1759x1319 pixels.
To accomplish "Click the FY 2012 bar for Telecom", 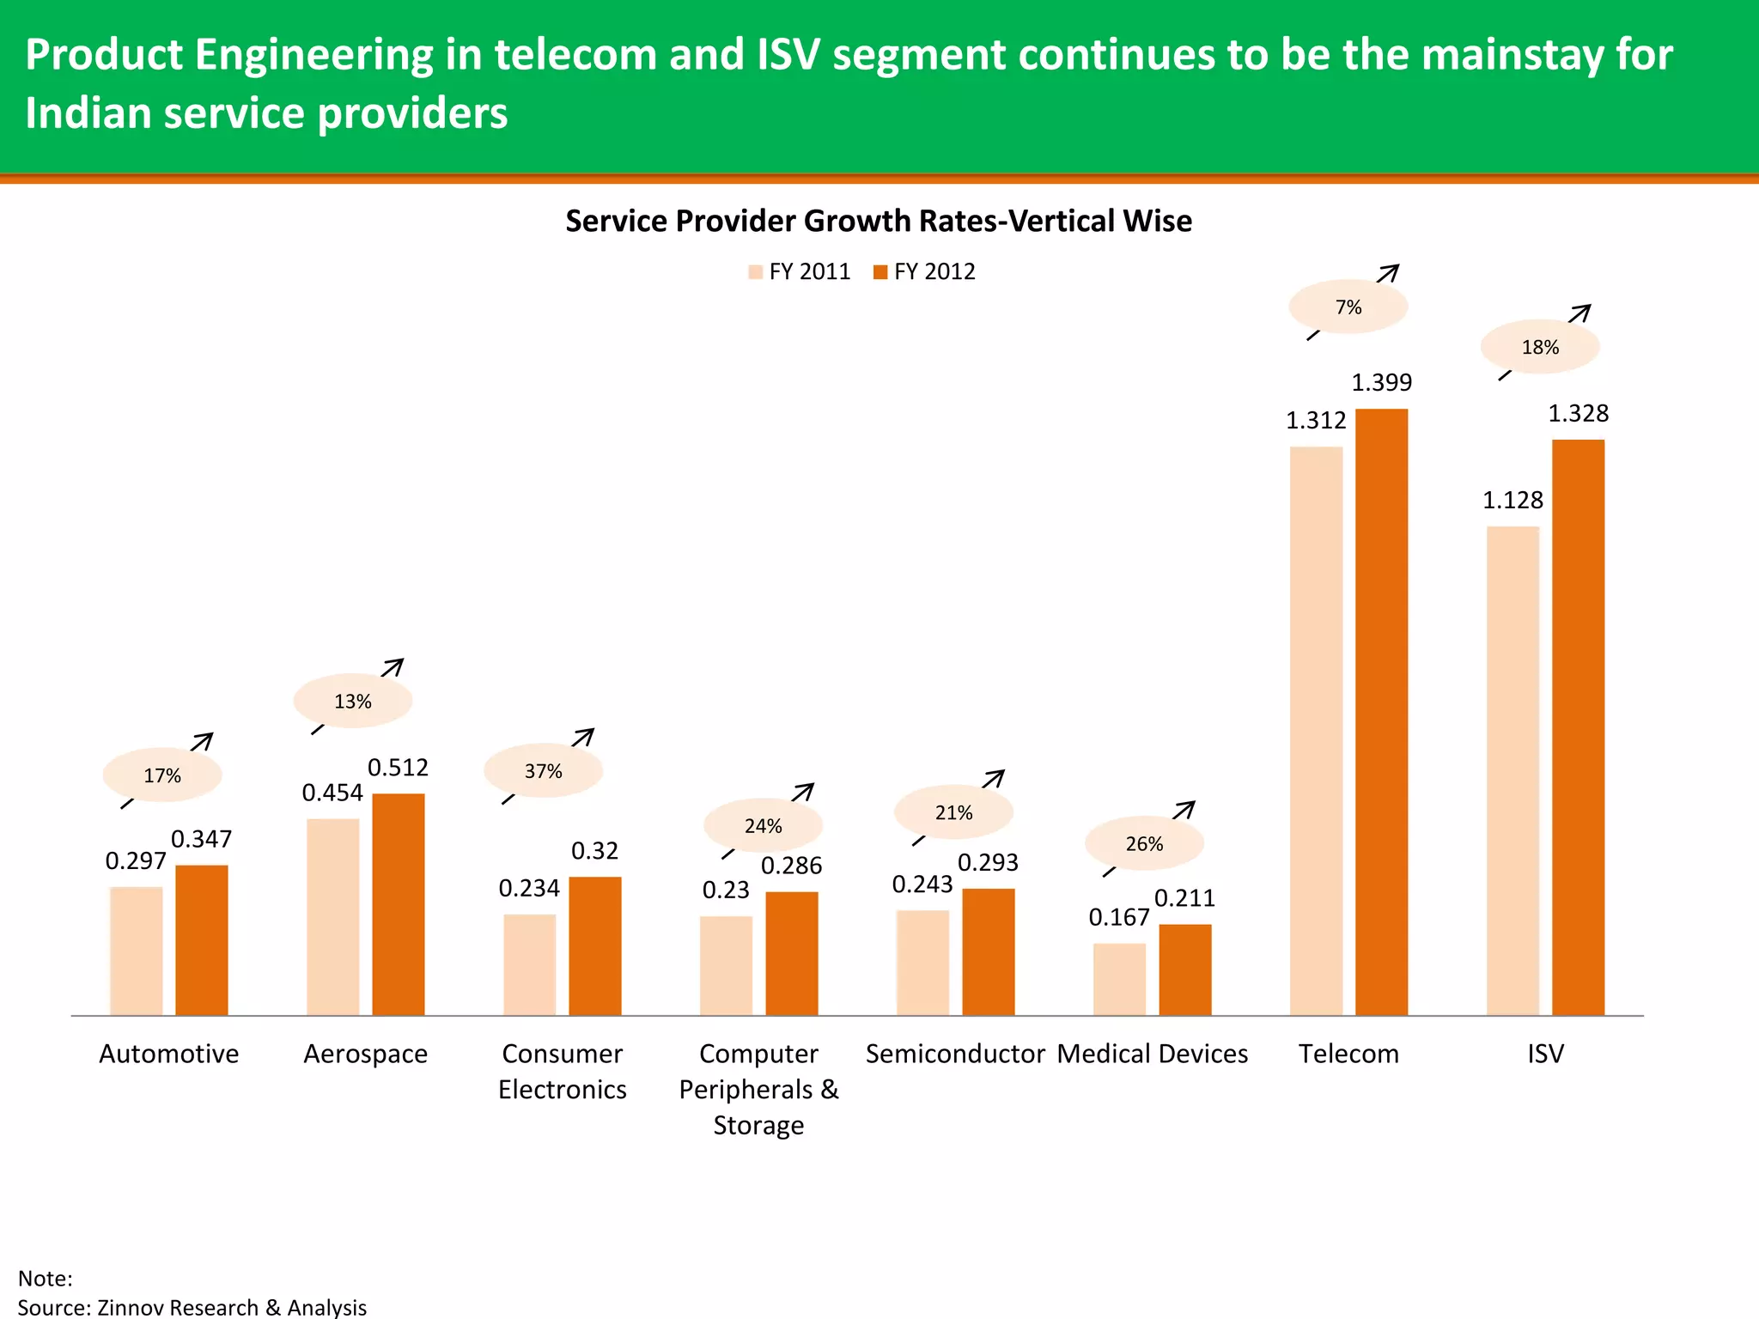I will click(x=1381, y=713).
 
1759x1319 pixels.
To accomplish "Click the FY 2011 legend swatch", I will click(x=756, y=272).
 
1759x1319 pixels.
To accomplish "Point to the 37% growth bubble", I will click(x=543, y=771).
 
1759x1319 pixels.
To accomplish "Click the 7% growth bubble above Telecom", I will click(x=1348, y=307).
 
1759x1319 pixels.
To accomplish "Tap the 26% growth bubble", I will click(x=1144, y=844).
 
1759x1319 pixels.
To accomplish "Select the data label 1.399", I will click(x=1381, y=382).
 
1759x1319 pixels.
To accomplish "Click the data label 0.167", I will click(x=1118, y=918).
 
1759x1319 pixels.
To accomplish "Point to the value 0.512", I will click(x=398, y=767).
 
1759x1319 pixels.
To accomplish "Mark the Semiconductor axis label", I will click(x=955, y=1054).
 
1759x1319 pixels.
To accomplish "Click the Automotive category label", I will click(x=169, y=1054).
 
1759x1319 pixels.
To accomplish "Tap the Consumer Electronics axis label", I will click(x=563, y=1071).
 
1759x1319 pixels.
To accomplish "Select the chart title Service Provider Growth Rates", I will click(x=878, y=222).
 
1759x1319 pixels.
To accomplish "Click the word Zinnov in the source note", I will click(x=136, y=1307).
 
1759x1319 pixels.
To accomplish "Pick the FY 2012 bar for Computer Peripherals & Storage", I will click(x=792, y=954).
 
